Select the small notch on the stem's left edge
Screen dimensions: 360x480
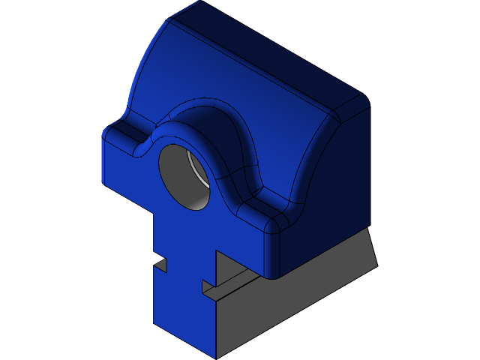tap(160, 265)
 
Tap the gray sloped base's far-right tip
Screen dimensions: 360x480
tap(376, 264)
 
